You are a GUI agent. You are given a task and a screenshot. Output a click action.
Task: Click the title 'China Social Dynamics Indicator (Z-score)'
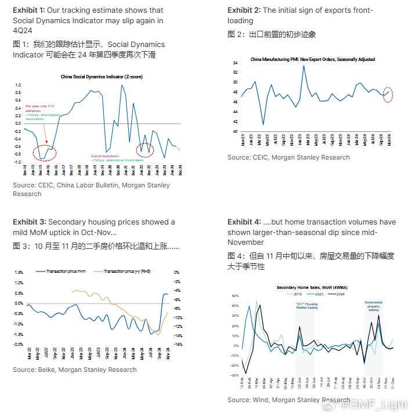point(102,77)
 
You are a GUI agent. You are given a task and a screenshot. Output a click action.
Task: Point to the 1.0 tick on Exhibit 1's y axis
point(17,85)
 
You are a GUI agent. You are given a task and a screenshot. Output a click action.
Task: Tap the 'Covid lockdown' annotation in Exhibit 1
point(105,155)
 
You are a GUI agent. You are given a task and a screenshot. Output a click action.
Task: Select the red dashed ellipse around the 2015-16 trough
point(45,153)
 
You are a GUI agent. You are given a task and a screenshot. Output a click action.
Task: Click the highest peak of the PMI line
point(303,66)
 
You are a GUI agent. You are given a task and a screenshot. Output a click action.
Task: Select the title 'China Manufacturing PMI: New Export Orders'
point(312,59)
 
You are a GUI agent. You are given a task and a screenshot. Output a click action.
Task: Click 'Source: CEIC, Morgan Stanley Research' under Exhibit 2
point(288,157)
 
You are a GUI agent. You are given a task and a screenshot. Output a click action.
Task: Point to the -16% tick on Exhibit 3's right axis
point(179,344)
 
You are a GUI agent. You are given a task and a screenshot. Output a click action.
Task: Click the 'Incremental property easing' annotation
point(373,306)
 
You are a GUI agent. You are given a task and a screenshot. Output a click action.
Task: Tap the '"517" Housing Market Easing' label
point(306,306)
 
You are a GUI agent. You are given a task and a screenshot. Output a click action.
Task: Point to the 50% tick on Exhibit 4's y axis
point(235,296)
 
